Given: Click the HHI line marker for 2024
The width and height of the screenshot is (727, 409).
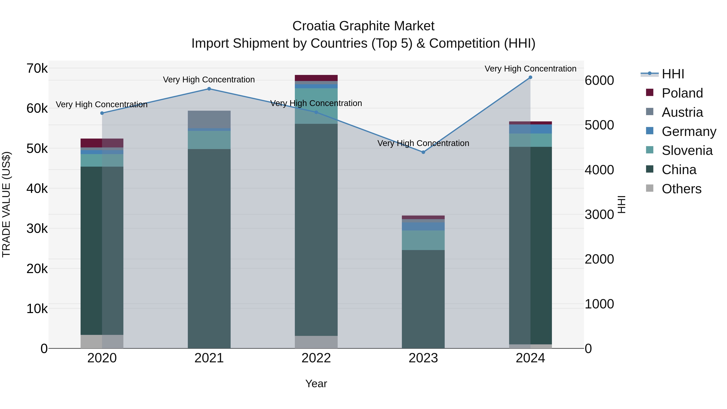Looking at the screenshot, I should click(530, 77).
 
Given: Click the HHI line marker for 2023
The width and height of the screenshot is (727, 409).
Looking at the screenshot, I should click(423, 152).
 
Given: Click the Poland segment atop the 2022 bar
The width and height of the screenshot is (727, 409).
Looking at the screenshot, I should click(316, 78).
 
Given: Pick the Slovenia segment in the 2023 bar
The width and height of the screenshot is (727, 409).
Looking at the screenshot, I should click(423, 240).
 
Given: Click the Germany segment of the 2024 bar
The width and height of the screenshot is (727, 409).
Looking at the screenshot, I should click(530, 129).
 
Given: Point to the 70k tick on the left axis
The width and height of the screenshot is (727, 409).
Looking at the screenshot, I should click(37, 68).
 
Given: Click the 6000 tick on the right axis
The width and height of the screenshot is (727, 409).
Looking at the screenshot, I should click(599, 80).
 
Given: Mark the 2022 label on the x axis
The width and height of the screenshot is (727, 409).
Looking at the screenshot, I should click(316, 358).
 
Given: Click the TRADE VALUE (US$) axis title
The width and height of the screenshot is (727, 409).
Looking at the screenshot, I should click(6, 204).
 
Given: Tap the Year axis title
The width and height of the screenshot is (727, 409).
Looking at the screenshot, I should click(316, 384).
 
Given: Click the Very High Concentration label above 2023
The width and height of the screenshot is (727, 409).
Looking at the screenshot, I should click(423, 143).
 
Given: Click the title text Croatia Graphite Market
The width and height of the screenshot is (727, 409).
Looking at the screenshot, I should click(363, 26).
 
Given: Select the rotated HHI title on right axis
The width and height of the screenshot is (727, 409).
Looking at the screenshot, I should click(621, 204).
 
